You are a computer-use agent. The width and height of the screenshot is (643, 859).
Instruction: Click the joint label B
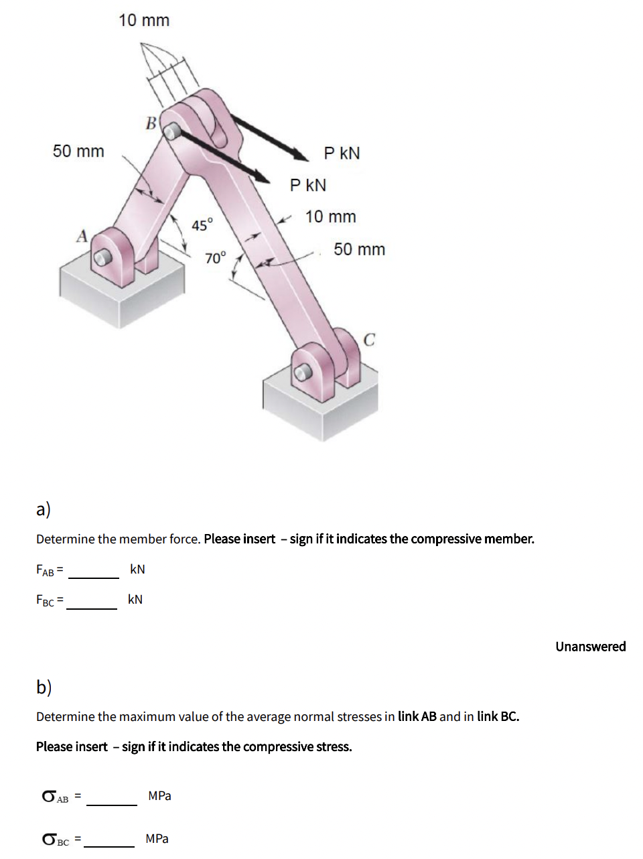[x=151, y=123]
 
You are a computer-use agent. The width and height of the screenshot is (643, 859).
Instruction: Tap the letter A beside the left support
[x=82, y=236]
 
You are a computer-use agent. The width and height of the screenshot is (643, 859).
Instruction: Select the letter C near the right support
[x=369, y=340]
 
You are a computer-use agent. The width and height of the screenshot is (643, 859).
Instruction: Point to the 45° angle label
[x=202, y=224]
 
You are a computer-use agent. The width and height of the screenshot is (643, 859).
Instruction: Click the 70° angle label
[x=216, y=257]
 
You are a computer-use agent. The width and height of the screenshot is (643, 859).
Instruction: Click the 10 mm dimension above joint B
[x=144, y=21]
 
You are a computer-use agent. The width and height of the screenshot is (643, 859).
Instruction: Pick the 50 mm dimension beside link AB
[x=78, y=151]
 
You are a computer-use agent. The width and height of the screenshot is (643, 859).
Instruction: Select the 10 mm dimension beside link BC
[x=330, y=217]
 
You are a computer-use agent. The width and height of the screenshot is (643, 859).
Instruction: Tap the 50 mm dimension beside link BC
[x=359, y=249]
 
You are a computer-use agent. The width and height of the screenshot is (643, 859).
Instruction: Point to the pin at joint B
[x=173, y=131]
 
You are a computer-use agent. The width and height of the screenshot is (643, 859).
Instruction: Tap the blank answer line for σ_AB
[x=112, y=799]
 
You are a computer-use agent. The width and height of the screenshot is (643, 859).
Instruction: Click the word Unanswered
[x=590, y=647]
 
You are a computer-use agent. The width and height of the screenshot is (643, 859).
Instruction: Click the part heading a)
[x=44, y=509]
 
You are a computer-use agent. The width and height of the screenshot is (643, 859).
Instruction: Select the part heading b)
[x=44, y=687]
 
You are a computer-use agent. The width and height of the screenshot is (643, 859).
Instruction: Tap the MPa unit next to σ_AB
[x=159, y=796]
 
